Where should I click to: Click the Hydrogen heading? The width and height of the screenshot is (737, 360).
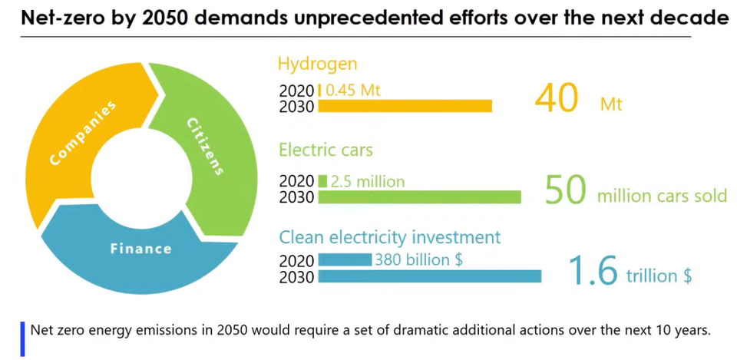(x=317, y=64)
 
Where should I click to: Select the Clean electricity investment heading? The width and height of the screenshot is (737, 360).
(x=389, y=237)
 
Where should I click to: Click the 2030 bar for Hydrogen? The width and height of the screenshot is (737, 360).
(x=405, y=106)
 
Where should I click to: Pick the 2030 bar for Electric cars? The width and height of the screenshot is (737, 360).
(x=419, y=197)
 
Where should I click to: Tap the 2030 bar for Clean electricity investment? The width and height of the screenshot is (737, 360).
(x=429, y=276)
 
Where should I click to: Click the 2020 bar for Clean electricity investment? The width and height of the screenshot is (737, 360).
(x=345, y=259)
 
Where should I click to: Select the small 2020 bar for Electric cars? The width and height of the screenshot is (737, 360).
(x=322, y=181)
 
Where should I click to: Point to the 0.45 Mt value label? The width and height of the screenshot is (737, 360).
(x=353, y=90)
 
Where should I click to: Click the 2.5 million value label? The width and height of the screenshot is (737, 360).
(x=368, y=182)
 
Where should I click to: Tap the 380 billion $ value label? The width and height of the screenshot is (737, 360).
(x=418, y=259)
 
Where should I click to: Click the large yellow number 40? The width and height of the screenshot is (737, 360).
(x=556, y=97)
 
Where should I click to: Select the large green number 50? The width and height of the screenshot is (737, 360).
(x=566, y=190)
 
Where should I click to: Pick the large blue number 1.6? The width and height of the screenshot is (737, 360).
(x=593, y=269)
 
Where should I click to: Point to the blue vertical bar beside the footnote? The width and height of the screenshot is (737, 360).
(x=23, y=339)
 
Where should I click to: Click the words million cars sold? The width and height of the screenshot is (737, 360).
(x=662, y=196)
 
